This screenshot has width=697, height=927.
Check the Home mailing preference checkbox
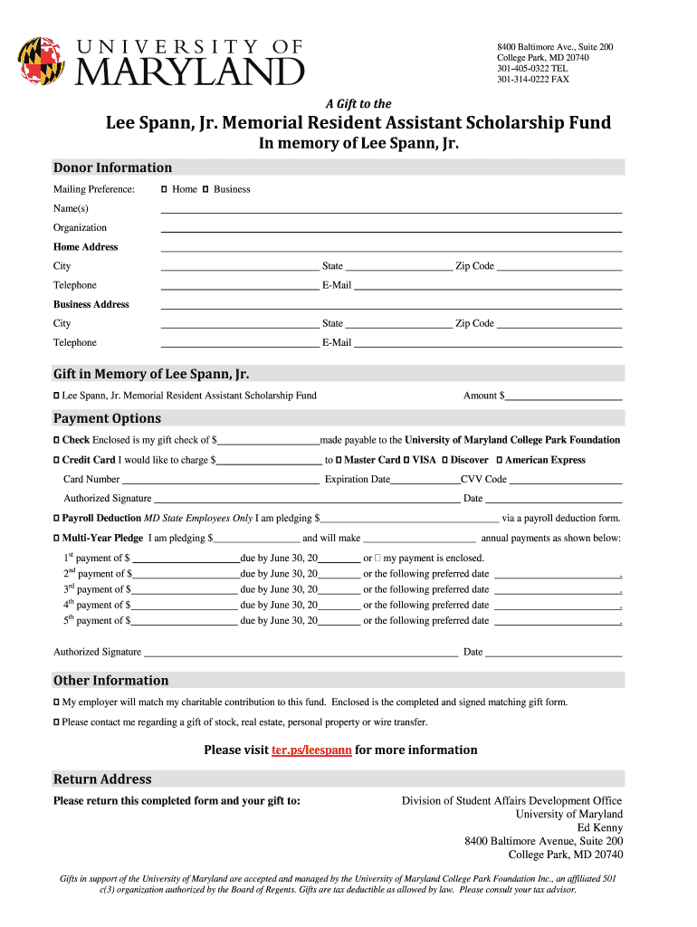[164, 189]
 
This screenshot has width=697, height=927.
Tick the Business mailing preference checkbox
[205, 189]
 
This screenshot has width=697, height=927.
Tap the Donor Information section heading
[113, 167]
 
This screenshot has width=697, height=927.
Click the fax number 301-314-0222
[532, 80]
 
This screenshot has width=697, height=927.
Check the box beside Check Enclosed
[57, 440]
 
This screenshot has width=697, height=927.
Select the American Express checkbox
[500, 460]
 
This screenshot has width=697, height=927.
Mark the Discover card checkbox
[444, 460]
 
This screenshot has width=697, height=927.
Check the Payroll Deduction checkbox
[57, 518]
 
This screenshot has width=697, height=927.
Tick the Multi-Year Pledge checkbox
[57, 538]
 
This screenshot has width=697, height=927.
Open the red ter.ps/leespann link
[311, 750]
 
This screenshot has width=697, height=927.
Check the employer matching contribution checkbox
[57, 702]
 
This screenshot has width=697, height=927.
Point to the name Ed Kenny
[599, 827]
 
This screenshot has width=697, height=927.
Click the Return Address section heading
[103, 779]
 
